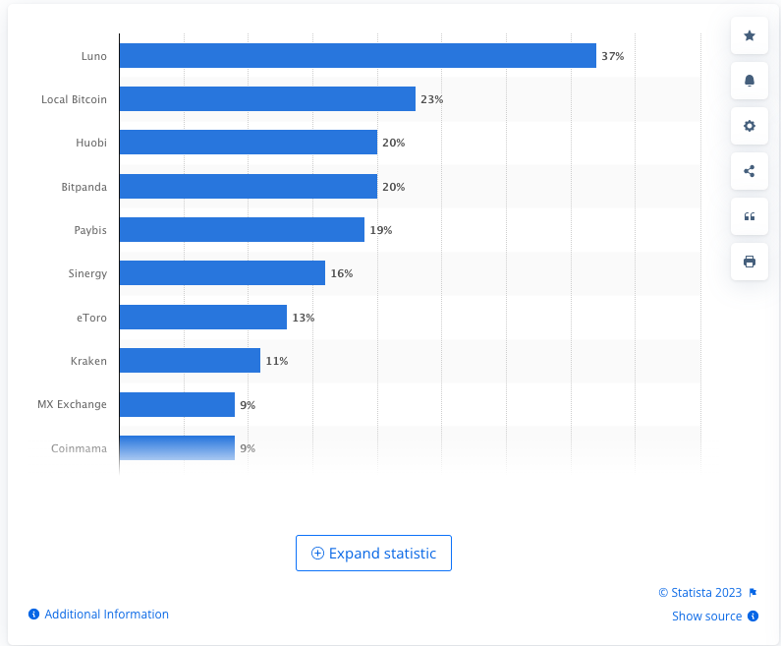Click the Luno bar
point(358,56)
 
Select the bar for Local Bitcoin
point(267,99)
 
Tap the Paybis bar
point(242,230)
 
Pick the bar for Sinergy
point(222,273)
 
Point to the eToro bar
point(203,317)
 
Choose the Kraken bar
point(190,361)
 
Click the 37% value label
point(613,56)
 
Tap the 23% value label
point(432,99)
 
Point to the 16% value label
point(342,273)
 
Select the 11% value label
point(277,361)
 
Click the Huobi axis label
point(91,143)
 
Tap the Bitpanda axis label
point(84,186)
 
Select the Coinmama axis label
point(79,448)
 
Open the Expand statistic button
point(373,554)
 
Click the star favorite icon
point(750,36)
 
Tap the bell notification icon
point(750,81)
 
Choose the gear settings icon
point(750,126)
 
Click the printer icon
point(750,262)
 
